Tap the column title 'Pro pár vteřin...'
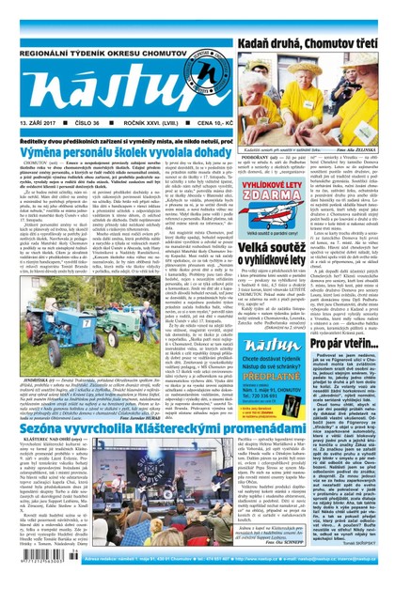(347, 309)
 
